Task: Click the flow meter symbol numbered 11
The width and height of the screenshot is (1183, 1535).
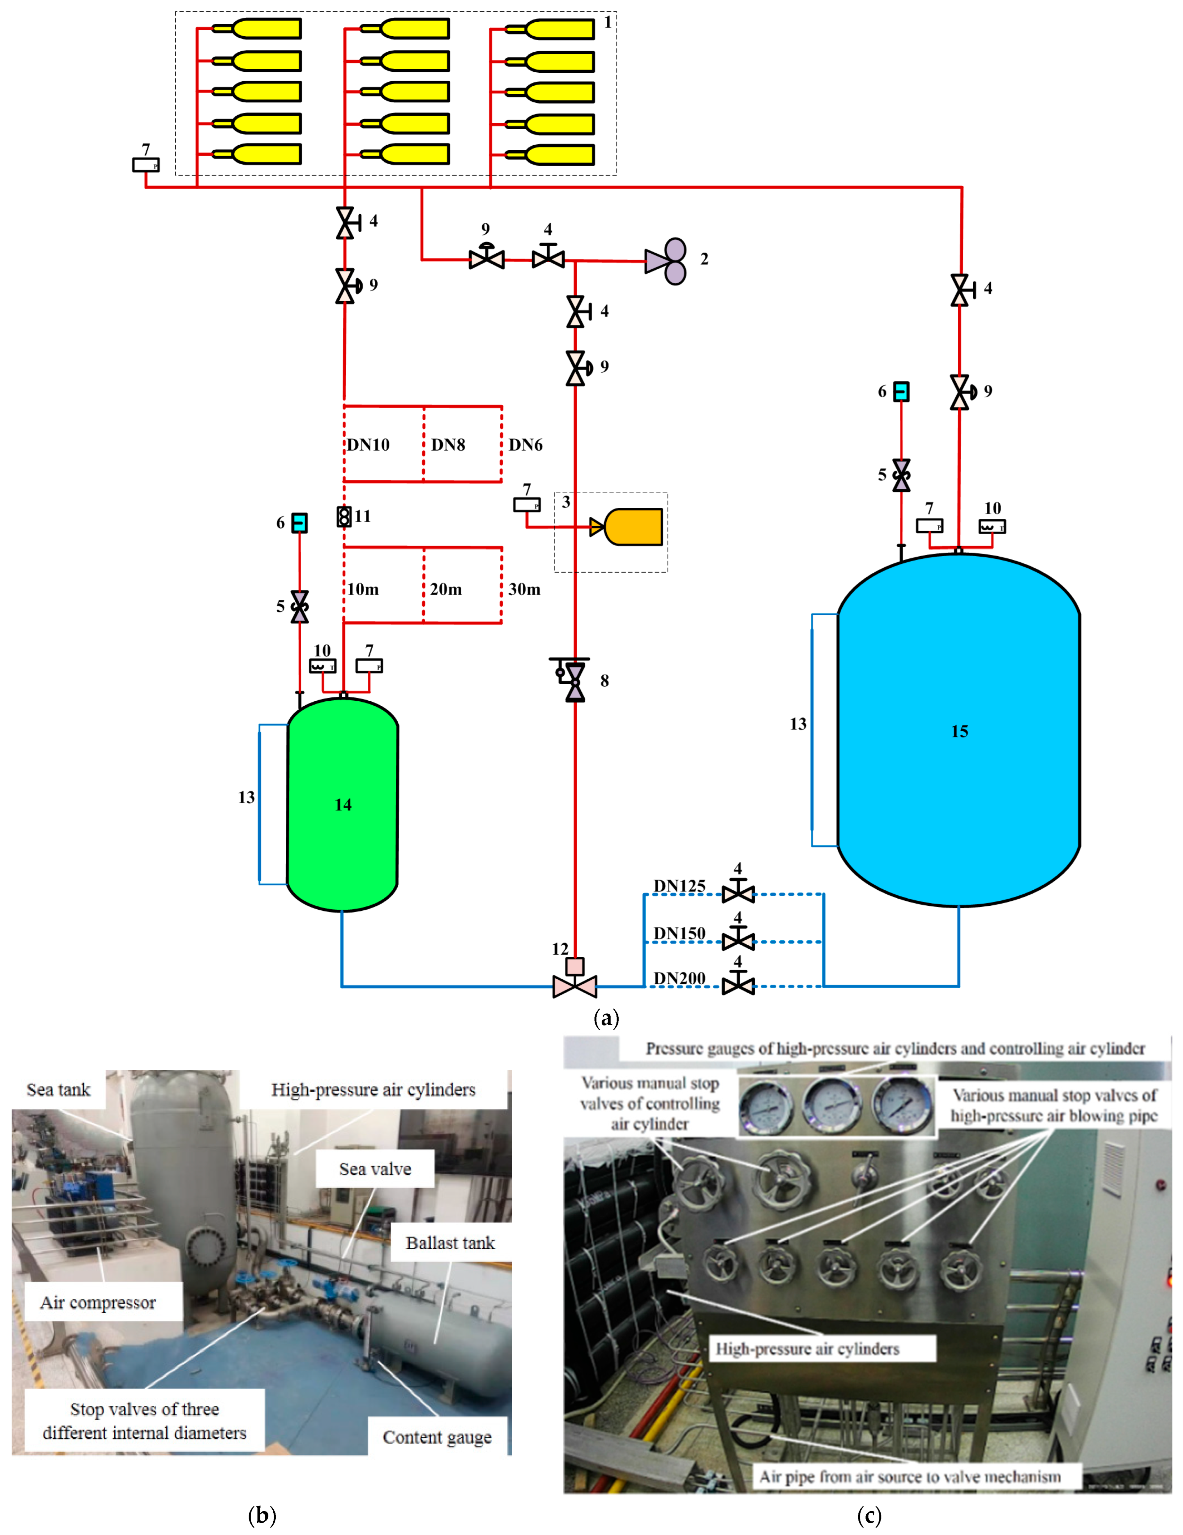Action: coord(344,517)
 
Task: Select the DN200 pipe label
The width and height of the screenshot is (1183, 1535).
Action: coord(679,978)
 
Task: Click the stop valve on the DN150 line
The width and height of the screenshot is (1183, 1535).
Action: coord(738,939)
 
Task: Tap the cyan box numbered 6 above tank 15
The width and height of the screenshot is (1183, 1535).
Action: coord(901,391)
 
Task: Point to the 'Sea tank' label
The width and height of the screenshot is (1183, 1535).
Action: coord(58,1090)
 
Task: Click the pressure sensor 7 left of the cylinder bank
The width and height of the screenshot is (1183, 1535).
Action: coord(146,165)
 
